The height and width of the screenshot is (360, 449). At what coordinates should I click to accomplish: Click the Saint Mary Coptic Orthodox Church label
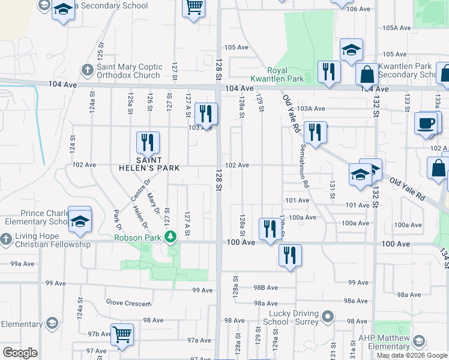(129, 71)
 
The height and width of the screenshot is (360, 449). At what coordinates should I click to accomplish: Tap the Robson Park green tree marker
(171, 238)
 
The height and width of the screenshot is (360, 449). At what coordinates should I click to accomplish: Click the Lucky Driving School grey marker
(327, 316)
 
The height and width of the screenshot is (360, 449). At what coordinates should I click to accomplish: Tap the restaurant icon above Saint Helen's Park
(148, 143)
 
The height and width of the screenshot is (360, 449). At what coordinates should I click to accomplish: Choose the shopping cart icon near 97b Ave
(122, 334)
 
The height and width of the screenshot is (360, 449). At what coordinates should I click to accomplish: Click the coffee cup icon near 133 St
(426, 123)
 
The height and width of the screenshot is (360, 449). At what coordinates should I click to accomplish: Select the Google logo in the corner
(20, 353)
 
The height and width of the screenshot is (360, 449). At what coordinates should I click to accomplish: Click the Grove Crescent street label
(127, 304)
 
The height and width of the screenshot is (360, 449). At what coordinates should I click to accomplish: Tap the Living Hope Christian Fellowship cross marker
(6, 240)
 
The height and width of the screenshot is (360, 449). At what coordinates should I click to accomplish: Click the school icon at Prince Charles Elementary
(79, 221)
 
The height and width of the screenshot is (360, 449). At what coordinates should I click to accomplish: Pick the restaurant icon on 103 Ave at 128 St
(206, 113)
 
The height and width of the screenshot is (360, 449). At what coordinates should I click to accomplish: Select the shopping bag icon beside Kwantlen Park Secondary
(366, 74)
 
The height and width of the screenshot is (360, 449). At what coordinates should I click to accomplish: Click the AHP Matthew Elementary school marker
(418, 342)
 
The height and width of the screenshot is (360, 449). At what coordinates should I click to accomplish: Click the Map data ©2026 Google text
(412, 355)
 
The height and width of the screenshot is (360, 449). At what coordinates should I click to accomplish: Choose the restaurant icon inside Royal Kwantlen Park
(328, 72)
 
